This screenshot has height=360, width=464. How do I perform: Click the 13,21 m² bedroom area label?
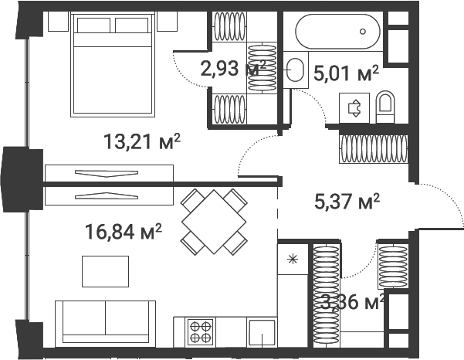142,141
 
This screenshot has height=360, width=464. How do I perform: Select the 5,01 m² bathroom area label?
347,73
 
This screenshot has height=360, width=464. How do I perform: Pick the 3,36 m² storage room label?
352,301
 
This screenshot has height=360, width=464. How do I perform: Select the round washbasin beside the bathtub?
294,70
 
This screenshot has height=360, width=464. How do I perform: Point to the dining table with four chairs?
214,221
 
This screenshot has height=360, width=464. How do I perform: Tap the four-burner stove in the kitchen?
202,331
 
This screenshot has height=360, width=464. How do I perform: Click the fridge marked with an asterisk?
293,259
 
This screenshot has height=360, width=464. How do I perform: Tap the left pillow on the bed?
93,25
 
